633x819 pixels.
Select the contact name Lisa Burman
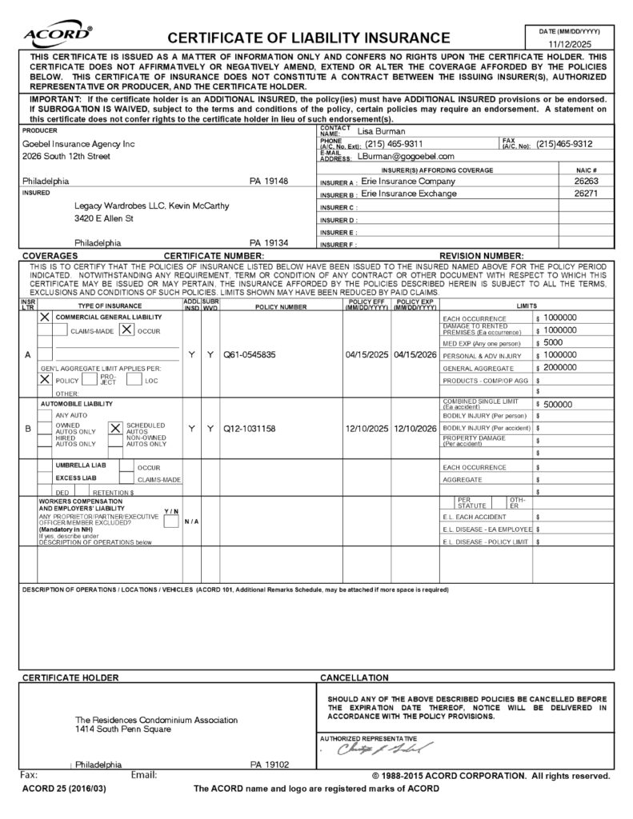point(381,131)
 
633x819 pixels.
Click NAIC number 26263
point(587,182)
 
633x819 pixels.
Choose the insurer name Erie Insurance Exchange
point(409,194)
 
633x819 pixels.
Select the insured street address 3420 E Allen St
point(104,218)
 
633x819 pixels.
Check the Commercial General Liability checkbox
point(45,318)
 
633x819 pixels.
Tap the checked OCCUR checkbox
point(126,329)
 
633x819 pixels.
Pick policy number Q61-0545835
point(254,355)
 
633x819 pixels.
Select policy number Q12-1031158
point(254,429)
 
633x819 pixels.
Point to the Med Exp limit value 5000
point(553,342)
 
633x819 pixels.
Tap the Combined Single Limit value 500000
point(559,405)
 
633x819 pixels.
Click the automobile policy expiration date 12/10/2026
point(415,429)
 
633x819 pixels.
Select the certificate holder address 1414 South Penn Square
point(126,730)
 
